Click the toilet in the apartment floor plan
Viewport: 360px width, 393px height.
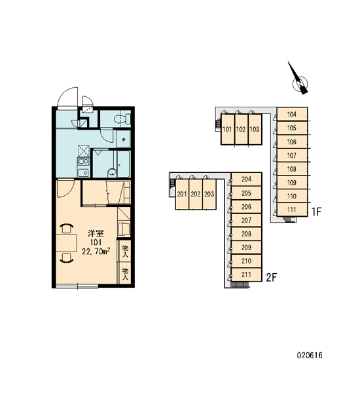click(x=122, y=119)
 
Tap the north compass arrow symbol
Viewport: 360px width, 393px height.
click(x=298, y=79)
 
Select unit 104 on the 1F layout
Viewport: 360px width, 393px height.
click(x=292, y=114)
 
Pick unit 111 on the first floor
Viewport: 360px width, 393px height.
click(x=292, y=210)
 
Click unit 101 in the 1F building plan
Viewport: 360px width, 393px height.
click(x=228, y=129)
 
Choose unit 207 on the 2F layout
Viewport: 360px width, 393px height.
click(x=247, y=220)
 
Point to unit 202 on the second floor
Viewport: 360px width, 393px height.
click(x=196, y=195)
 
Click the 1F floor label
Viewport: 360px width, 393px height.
click(x=316, y=212)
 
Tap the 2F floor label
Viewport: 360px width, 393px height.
click(x=271, y=278)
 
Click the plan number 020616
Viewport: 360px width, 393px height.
click(x=310, y=355)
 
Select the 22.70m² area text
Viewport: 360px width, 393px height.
click(x=96, y=251)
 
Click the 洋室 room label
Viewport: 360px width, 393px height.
click(x=96, y=234)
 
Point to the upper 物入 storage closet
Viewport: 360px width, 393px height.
click(x=125, y=251)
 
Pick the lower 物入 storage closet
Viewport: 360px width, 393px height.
click(x=125, y=274)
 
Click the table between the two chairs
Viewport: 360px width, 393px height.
click(x=66, y=243)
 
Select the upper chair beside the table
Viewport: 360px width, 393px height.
click(x=67, y=229)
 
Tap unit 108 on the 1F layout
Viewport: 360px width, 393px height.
click(x=292, y=169)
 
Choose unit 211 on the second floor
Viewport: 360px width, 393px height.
click(x=247, y=274)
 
